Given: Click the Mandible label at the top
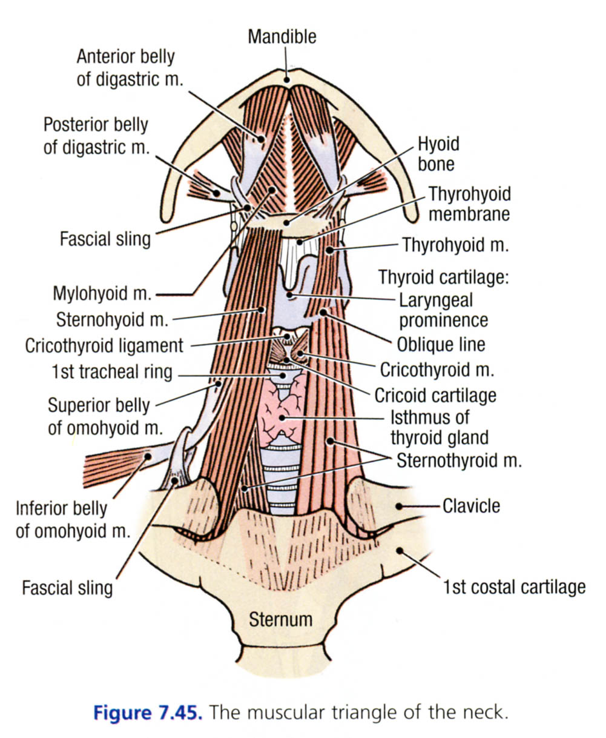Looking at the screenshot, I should [x=282, y=36].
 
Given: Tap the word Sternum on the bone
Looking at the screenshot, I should [x=281, y=619].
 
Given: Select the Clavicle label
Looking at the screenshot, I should [x=472, y=505].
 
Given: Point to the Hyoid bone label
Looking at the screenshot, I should [x=438, y=154].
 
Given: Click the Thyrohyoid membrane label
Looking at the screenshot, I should [x=469, y=204].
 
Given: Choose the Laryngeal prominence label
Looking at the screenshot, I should [x=443, y=310].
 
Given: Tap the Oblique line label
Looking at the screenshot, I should [x=441, y=345].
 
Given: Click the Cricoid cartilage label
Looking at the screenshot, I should [x=435, y=396].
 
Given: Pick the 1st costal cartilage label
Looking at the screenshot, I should [x=514, y=587].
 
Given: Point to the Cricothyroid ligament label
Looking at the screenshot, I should [x=104, y=346].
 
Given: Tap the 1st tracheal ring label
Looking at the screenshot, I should [x=112, y=371].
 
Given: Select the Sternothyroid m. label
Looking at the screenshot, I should [x=459, y=460].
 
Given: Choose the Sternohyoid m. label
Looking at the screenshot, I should [x=113, y=319].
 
